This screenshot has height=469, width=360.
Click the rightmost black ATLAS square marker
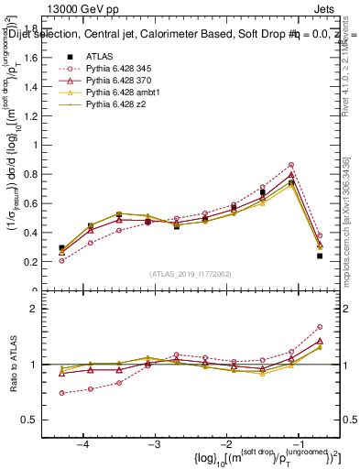click(320, 256)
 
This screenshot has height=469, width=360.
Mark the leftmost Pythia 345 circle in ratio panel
click(61, 393)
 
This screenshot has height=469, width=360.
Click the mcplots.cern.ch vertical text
click(351, 229)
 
